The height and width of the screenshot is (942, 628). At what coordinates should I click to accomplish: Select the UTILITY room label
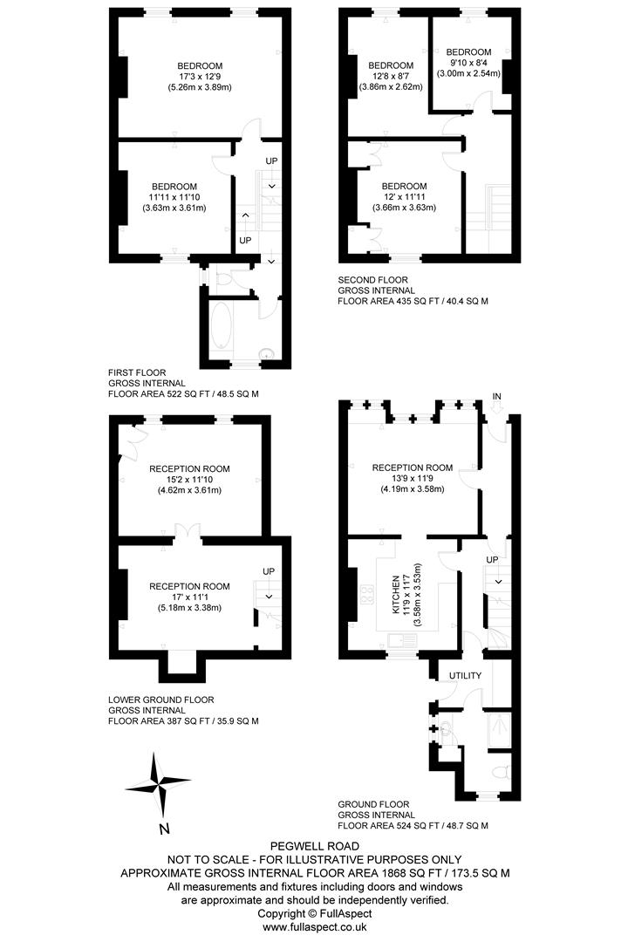click(x=465, y=676)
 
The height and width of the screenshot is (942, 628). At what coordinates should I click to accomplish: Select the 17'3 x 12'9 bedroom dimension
click(x=200, y=77)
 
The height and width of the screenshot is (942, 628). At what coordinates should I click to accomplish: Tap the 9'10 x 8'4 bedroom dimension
click(x=468, y=63)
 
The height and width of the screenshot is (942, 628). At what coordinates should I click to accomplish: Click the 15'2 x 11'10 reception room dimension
click(x=189, y=480)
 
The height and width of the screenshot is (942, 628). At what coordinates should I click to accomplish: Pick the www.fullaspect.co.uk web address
click(x=314, y=927)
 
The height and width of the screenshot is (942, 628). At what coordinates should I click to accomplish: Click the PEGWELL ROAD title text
click(x=314, y=846)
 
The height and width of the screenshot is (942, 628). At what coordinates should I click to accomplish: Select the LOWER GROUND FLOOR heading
click(x=161, y=700)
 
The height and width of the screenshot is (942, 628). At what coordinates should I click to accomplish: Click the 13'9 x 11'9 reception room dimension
click(x=413, y=478)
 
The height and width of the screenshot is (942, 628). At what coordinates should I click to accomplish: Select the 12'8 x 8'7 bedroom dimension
click(x=390, y=77)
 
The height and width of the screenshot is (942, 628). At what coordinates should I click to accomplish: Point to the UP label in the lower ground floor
click(x=269, y=572)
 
